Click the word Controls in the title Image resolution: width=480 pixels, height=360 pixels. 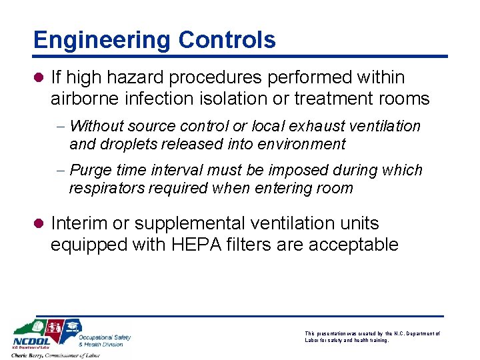[x=227, y=40]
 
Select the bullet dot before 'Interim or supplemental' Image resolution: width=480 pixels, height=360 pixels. [x=39, y=223]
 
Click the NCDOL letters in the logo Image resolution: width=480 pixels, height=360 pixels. [x=31, y=340]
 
